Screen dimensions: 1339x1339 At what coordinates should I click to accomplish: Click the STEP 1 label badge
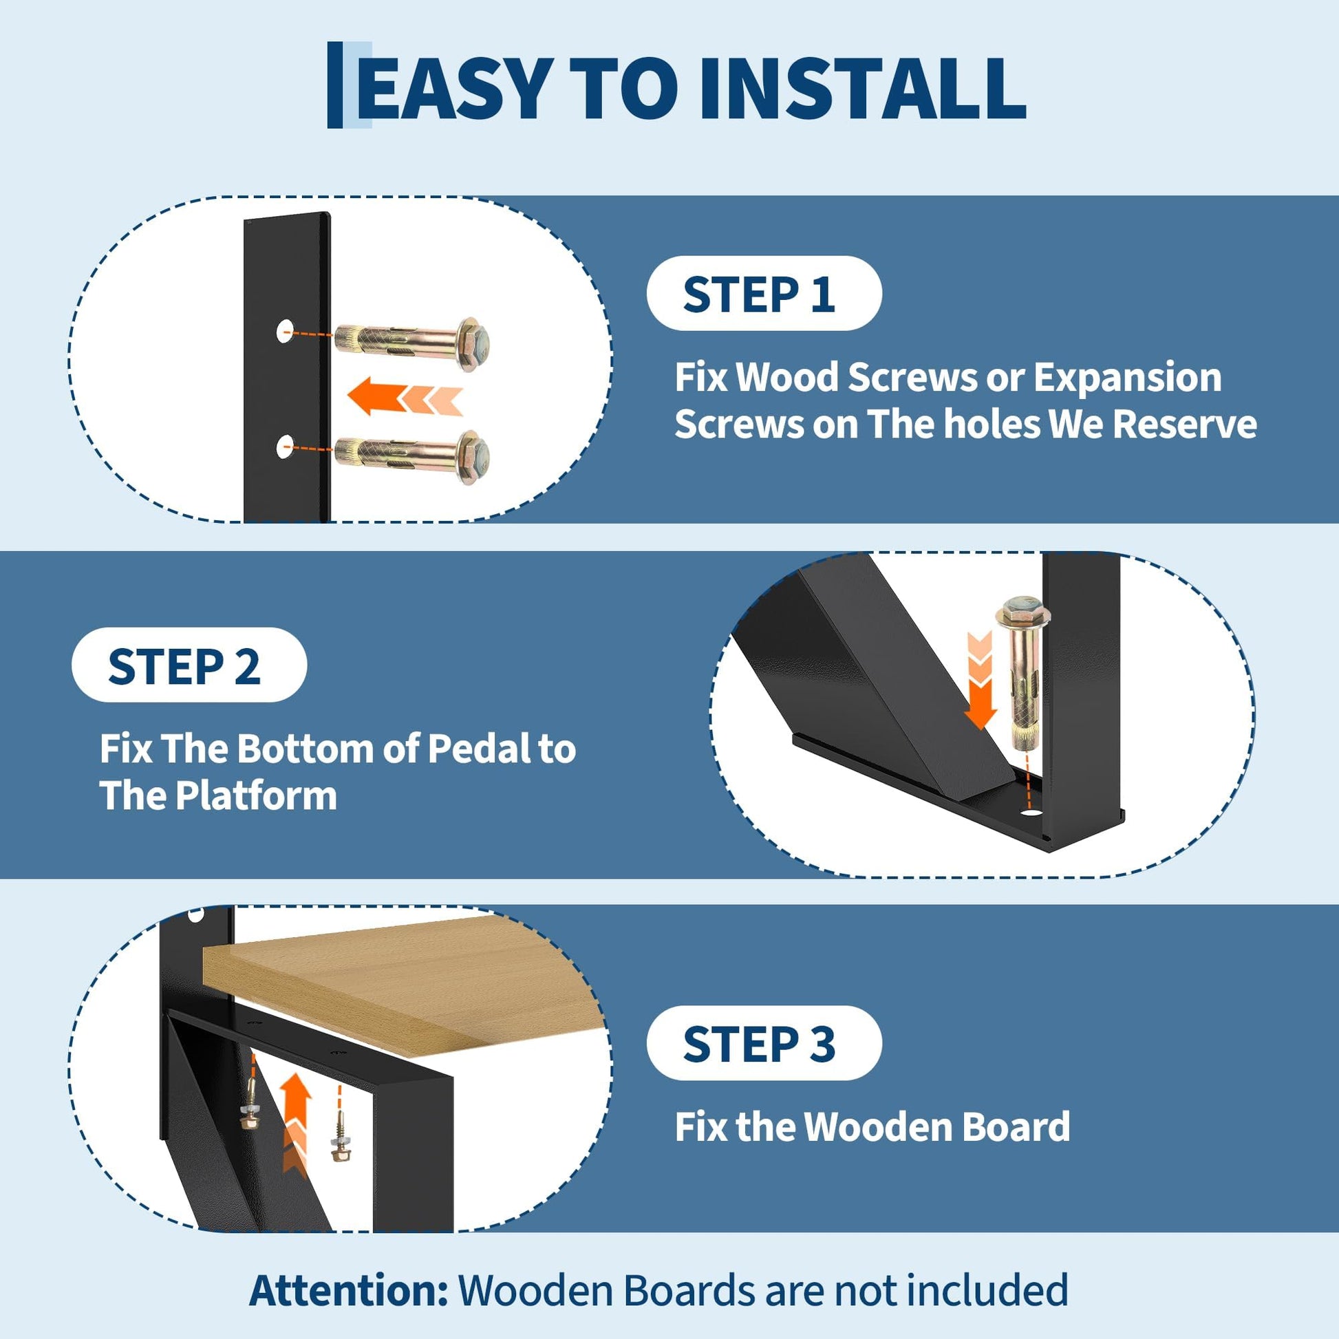(x=764, y=293)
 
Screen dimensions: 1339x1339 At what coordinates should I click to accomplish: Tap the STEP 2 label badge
(x=189, y=665)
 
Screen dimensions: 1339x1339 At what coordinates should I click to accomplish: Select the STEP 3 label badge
(x=764, y=1043)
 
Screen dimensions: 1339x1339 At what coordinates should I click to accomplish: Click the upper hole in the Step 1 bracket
(x=286, y=331)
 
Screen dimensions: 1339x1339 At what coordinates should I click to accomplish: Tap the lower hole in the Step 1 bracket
(x=286, y=447)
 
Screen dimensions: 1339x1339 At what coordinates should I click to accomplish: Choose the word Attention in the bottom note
(x=349, y=1289)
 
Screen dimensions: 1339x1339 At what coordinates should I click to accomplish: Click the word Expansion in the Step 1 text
(x=1128, y=378)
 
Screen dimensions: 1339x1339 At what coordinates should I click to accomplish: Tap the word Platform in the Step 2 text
(x=256, y=795)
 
